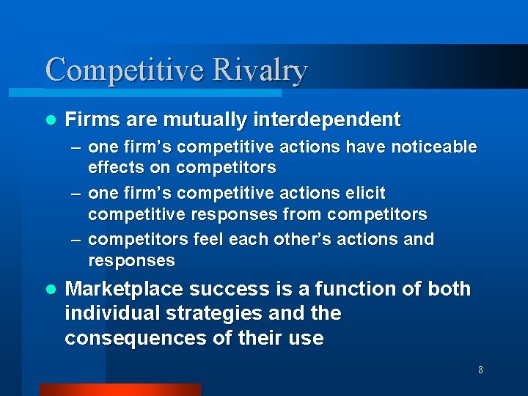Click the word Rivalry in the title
(x=260, y=71)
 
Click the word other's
(x=308, y=239)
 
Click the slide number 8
(x=480, y=370)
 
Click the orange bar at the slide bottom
(x=120, y=389)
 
